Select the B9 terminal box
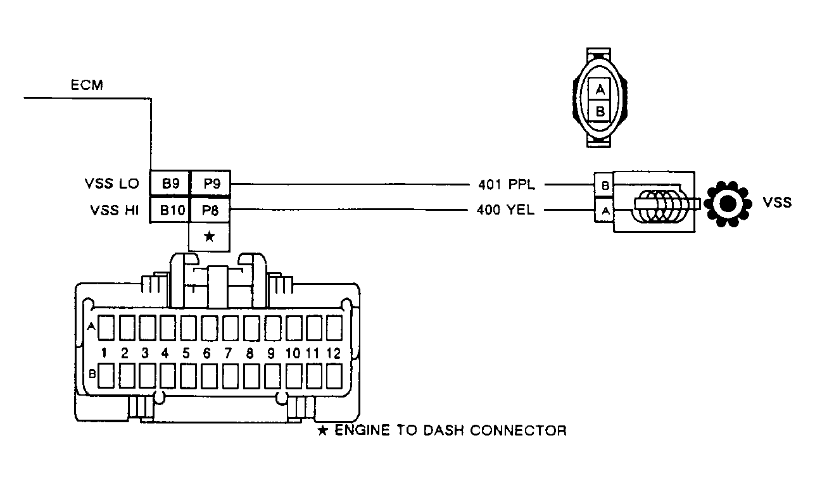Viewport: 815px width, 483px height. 170,184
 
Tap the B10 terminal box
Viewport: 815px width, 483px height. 170,211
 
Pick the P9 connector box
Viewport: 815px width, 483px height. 210,184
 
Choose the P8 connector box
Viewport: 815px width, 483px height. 210,211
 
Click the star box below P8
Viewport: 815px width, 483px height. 210,237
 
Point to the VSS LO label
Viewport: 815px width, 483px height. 111,184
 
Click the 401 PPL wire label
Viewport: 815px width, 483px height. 507,185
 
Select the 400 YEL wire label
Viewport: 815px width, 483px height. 505,210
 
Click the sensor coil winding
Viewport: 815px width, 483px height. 658,205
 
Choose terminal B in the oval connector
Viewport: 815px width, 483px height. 600,112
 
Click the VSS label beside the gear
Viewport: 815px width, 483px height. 777,203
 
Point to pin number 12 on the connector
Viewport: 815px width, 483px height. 334,353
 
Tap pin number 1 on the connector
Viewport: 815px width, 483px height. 106,353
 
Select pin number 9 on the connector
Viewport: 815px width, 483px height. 271,353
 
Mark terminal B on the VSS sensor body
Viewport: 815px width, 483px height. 605,185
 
